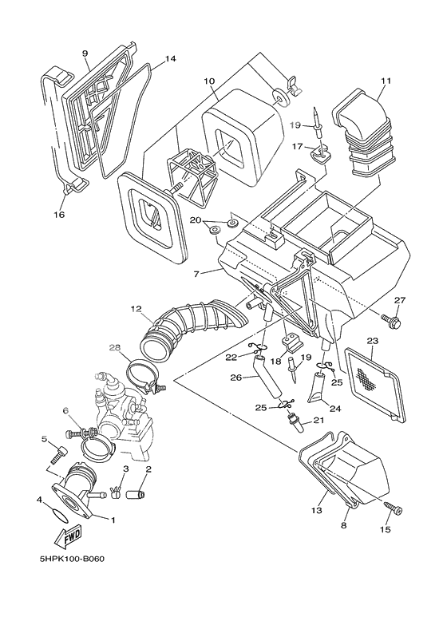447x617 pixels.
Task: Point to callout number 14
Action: coord(170,59)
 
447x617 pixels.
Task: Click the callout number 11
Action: coord(386,81)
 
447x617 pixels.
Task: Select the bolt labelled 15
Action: coord(394,509)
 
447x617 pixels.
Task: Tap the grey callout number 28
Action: coord(137,348)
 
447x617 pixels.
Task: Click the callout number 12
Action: coord(136,309)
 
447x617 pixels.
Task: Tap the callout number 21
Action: coord(318,421)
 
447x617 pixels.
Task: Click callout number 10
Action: coord(209,81)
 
